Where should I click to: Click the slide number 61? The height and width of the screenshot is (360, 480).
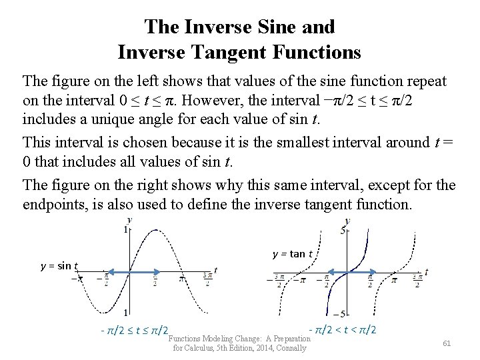447,343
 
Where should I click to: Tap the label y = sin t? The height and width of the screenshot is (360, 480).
59,266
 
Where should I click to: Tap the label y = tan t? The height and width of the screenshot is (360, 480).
292,253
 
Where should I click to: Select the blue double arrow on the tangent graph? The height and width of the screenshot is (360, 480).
347,271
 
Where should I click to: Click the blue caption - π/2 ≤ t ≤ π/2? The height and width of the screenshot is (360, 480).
133,330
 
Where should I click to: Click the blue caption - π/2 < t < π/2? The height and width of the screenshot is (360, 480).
343,329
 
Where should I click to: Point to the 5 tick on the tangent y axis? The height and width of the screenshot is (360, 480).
342,231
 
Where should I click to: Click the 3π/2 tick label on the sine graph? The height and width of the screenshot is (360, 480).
206,279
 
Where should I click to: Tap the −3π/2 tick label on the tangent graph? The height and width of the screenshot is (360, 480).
279,279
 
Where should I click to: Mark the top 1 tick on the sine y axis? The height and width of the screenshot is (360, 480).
125,230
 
